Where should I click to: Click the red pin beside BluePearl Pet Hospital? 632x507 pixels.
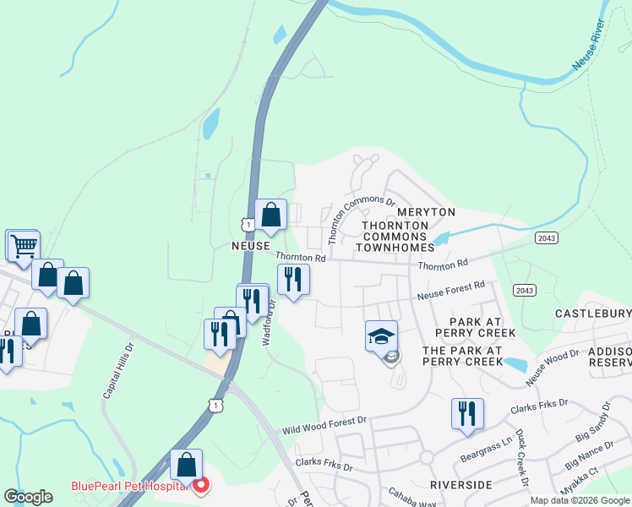click(201, 486)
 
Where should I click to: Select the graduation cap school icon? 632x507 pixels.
click(381, 335)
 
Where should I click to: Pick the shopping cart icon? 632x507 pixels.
click(24, 245)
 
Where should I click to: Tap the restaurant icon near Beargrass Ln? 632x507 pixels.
click(467, 413)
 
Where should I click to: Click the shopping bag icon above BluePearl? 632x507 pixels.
click(187, 464)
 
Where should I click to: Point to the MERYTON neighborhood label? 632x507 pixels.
click(426, 211)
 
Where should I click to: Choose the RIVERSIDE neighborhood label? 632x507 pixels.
click(460, 485)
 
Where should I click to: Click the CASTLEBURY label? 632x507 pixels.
click(592, 313)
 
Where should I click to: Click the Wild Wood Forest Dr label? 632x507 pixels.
click(324, 424)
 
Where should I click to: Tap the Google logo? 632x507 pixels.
click(29, 497)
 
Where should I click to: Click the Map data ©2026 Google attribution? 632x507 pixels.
click(579, 500)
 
